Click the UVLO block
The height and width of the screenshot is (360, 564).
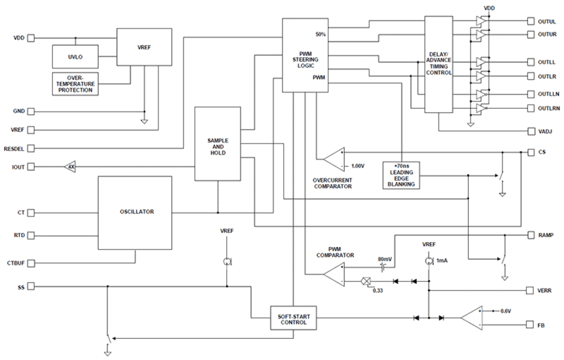point(75,57)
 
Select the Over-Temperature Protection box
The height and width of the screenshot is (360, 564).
point(75,84)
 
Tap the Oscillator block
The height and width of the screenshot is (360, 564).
point(135,213)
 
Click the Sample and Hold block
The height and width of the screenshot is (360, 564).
point(217,143)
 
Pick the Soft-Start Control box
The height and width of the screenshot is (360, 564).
point(293,318)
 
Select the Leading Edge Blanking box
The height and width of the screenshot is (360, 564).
point(401,175)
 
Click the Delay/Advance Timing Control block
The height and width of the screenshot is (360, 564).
point(439,64)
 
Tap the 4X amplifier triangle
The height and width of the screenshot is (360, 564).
point(70,167)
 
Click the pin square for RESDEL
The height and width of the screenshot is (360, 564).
point(31,148)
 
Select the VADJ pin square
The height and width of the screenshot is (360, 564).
point(530,131)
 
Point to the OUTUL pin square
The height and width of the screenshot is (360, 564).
point(530,22)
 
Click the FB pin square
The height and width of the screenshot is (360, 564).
point(530,325)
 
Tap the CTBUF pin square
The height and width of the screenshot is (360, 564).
point(31,262)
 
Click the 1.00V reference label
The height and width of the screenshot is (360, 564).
point(357,166)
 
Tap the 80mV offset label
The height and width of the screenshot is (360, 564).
point(384,259)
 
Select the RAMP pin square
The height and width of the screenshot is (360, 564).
point(530,235)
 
